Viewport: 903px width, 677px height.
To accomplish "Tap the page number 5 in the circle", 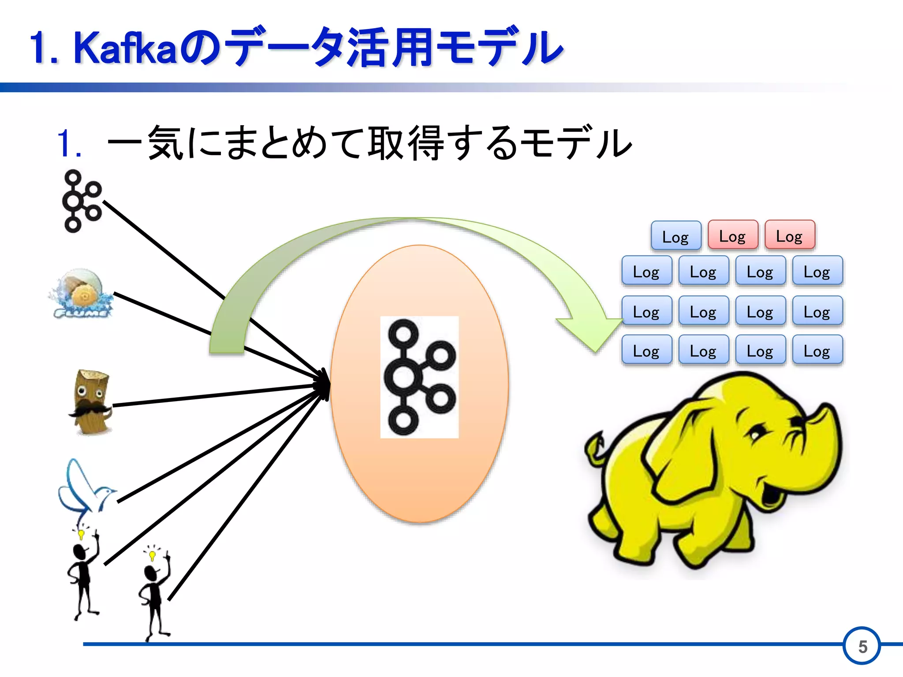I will click(862, 647).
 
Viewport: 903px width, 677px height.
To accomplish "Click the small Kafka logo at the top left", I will click(82, 201).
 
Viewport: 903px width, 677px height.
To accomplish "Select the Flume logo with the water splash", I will click(82, 294).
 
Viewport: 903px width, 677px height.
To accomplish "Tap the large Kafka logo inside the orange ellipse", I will click(419, 377).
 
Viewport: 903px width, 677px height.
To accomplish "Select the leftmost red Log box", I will click(732, 236).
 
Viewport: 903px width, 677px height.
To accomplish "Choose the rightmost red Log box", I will click(789, 236).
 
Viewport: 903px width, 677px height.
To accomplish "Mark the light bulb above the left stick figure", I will click(81, 535).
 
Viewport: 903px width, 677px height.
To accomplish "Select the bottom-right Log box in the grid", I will click(817, 351).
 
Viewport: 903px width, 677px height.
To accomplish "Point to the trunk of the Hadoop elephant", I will click(820, 441).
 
